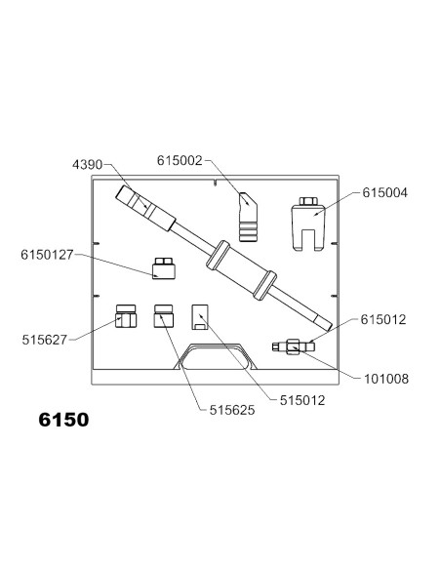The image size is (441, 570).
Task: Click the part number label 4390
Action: pos(87,165)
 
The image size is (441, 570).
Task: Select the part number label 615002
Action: pos(180,160)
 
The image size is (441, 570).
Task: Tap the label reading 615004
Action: pos(384,192)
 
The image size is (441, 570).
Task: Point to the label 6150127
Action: pos(47,255)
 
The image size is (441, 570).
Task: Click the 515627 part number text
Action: pos(45,340)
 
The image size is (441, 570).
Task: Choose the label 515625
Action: pos(232,410)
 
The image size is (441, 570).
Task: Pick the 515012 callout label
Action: pos(302,400)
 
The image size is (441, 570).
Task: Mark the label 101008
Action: pos(386,379)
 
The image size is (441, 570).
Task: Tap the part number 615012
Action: pos(383,319)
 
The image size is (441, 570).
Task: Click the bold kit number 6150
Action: pos(63,420)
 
